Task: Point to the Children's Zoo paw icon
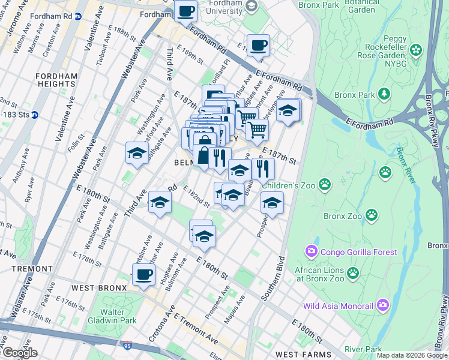325,184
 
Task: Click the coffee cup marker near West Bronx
143,274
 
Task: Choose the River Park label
364,349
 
